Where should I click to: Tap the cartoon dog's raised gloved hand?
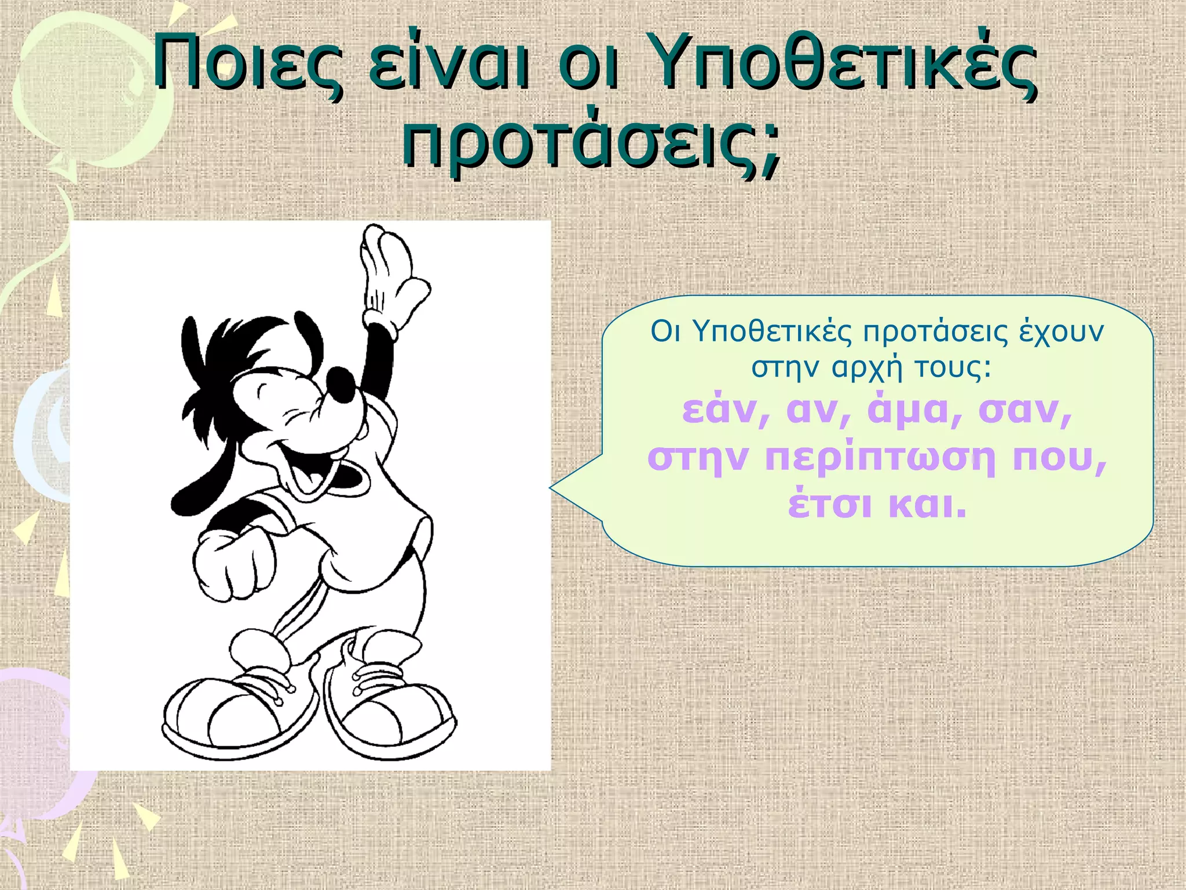coord(391,272)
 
